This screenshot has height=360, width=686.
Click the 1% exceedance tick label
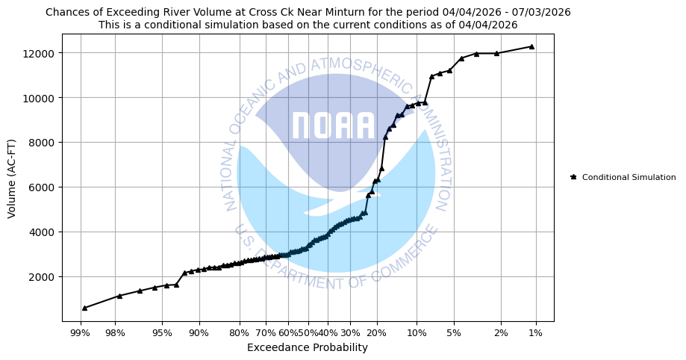click(536, 333)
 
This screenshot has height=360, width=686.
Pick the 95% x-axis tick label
click(162, 333)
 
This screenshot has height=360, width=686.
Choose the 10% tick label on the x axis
click(417, 333)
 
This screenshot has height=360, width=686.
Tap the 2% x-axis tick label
click(501, 333)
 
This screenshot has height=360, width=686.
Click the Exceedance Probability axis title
click(308, 347)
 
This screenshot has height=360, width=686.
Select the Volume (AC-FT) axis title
click(12, 177)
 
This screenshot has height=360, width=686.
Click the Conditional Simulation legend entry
click(629, 177)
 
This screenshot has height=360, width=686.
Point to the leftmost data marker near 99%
click(84, 308)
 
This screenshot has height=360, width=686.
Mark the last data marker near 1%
click(531, 46)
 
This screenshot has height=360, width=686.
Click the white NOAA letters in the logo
click(333, 126)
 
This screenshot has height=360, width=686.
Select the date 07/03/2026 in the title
click(544, 12)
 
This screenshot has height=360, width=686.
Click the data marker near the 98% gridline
click(119, 296)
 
